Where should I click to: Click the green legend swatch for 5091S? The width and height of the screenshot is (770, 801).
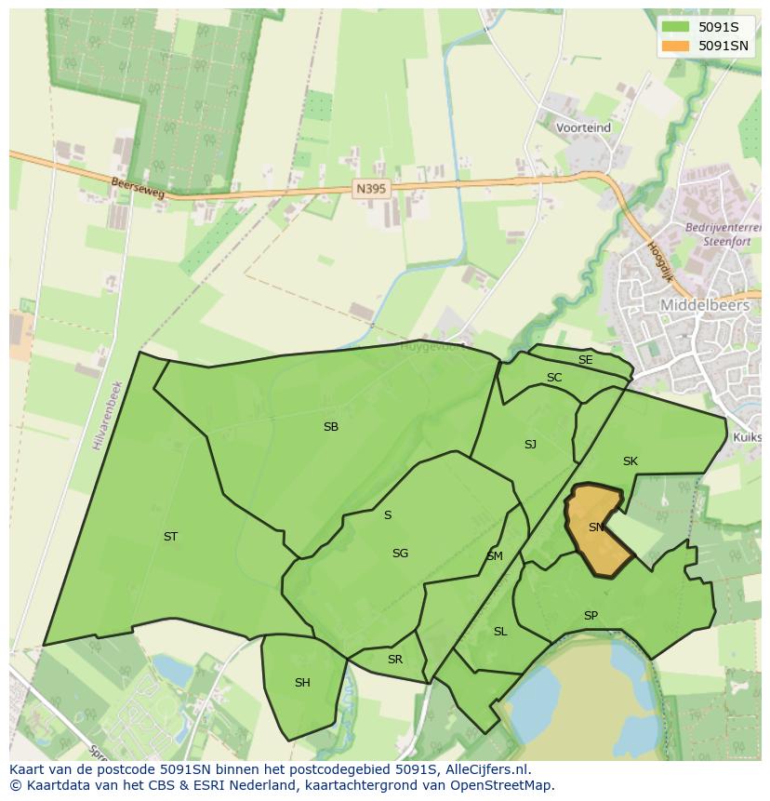(x=675, y=27)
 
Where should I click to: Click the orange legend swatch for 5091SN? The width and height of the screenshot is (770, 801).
(x=675, y=46)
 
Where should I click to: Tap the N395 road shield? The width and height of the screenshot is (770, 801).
(x=370, y=189)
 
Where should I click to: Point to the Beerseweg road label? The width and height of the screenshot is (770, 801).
(x=137, y=188)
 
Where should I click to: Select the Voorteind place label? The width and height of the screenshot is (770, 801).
(x=583, y=127)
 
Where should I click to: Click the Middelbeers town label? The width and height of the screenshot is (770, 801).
(x=704, y=304)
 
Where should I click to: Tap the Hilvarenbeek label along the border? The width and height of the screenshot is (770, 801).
(x=107, y=416)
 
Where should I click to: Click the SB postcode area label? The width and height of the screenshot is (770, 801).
(x=330, y=427)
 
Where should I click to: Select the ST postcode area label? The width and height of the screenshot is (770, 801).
(x=170, y=537)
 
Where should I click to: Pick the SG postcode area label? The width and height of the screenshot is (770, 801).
(x=400, y=554)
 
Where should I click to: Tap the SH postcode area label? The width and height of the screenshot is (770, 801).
(x=302, y=683)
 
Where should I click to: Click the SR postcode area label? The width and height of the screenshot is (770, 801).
(x=395, y=660)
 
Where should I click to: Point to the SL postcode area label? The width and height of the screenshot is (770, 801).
(x=500, y=632)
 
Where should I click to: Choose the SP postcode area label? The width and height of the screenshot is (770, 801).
(x=591, y=616)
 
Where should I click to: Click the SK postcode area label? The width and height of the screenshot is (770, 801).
(x=631, y=461)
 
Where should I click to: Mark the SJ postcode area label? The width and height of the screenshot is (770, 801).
(x=530, y=445)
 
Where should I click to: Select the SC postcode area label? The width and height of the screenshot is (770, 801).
(x=554, y=378)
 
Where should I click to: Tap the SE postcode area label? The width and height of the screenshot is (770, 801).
(x=585, y=360)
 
